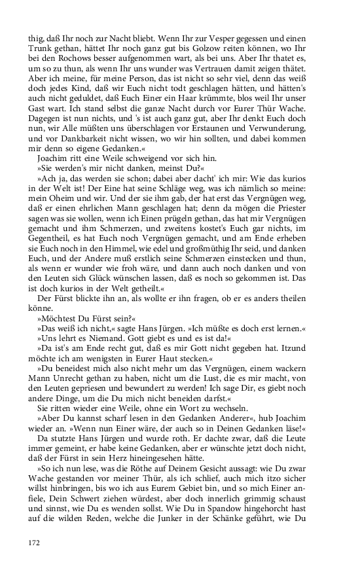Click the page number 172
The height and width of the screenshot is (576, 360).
[35, 542]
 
